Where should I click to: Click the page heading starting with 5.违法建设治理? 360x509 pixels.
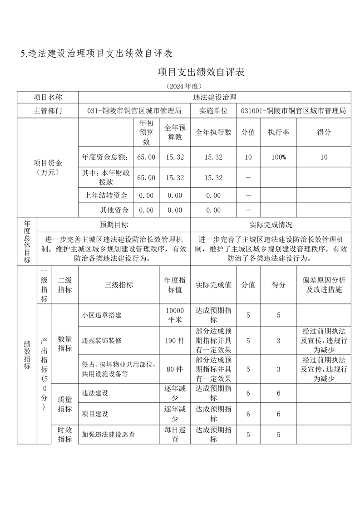click(x=97, y=54)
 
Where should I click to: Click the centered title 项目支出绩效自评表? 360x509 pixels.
click(x=201, y=72)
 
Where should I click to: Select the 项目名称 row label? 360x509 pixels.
click(x=48, y=98)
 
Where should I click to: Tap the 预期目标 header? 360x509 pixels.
click(x=114, y=225)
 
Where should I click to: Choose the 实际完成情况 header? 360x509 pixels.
click(x=271, y=225)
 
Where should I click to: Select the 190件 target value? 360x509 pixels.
click(x=174, y=340)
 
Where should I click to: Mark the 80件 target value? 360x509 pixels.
click(x=174, y=369)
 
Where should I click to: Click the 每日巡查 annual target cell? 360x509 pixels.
click(x=174, y=434)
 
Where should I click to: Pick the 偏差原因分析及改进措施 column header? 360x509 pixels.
click(x=323, y=284)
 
